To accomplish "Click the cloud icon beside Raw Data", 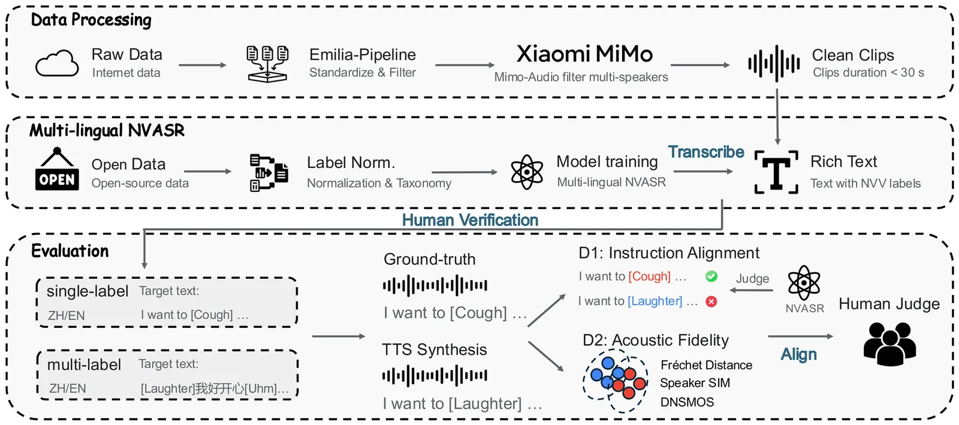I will pos(57,63).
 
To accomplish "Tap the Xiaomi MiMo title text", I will pos(584,54).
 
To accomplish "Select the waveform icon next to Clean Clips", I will pos(774,63).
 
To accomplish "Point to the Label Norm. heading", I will pos(351,162).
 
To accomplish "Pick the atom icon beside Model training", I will pos(526,172).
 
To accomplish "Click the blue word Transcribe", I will pos(706,152).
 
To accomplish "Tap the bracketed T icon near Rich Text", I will pos(776,173).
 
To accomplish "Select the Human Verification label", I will pos(470,220).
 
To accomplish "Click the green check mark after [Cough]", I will pos(711,276).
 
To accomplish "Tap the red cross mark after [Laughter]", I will pos(711,302).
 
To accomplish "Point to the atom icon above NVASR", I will pos(804,282).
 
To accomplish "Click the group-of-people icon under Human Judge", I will pos(889,343).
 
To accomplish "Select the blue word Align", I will pos(798,354).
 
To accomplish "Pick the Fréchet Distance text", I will pos(706,365).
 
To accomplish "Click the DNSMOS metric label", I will pos(687,402).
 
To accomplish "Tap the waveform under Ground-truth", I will pos(435,286).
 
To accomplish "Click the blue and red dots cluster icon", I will pos(616,381).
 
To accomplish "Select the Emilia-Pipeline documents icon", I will pos(267,64).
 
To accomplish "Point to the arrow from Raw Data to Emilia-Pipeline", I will pos(202,65).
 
